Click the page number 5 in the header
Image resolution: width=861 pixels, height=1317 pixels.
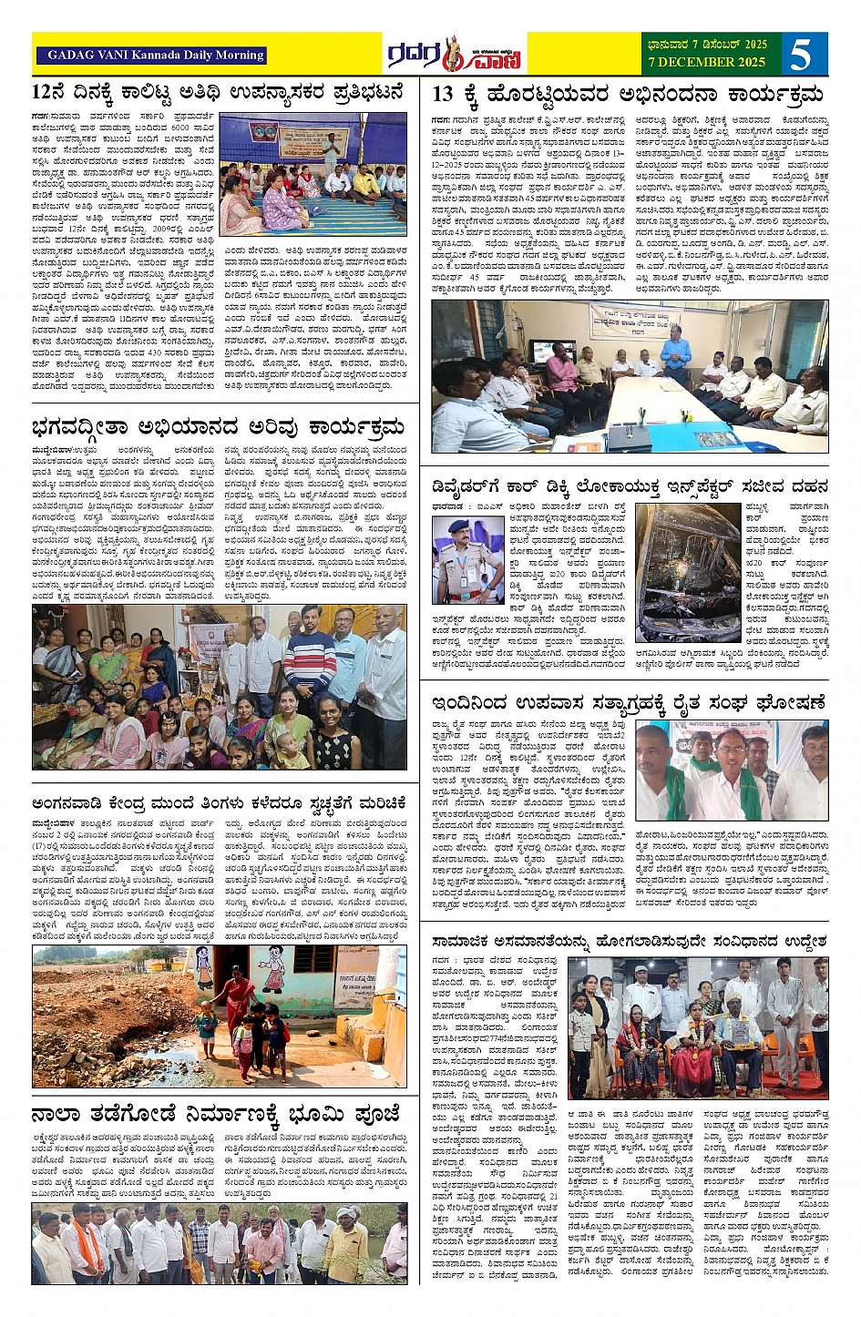pyautogui.click(x=801, y=55)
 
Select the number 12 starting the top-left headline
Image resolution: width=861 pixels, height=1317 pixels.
pyautogui.click(x=46, y=92)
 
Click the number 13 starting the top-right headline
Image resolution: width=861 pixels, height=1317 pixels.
pyautogui.click(x=443, y=94)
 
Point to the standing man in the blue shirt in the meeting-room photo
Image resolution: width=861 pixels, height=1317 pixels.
pyautogui.click(x=675, y=353)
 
